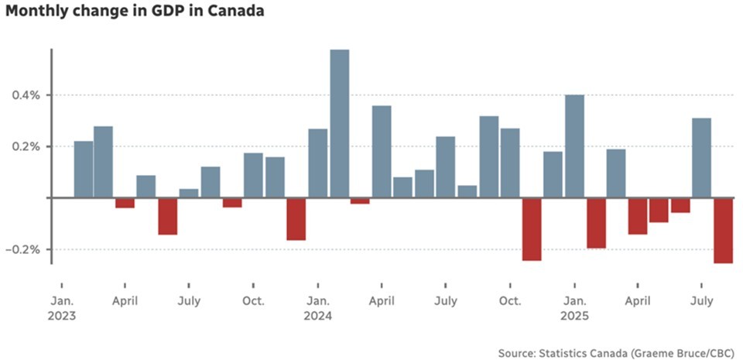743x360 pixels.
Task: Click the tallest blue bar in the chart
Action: (x=340, y=124)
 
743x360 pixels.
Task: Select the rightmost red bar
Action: (x=723, y=230)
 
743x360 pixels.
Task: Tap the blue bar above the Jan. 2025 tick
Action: (x=574, y=146)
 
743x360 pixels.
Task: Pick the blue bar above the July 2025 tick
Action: (x=701, y=158)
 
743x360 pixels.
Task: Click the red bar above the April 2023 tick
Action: (x=125, y=203)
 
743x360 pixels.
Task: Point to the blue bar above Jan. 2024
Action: (x=318, y=163)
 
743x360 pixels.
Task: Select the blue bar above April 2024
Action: (x=382, y=152)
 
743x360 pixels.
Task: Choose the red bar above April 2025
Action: (x=637, y=216)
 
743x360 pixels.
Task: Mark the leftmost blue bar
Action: (x=84, y=170)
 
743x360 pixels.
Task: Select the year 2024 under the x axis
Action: (x=318, y=316)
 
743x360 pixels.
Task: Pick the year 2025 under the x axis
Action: (x=574, y=316)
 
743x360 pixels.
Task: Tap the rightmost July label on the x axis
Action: (x=701, y=300)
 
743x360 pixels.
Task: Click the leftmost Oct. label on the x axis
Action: (x=253, y=300)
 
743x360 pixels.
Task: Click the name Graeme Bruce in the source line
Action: (x=664, y=353)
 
